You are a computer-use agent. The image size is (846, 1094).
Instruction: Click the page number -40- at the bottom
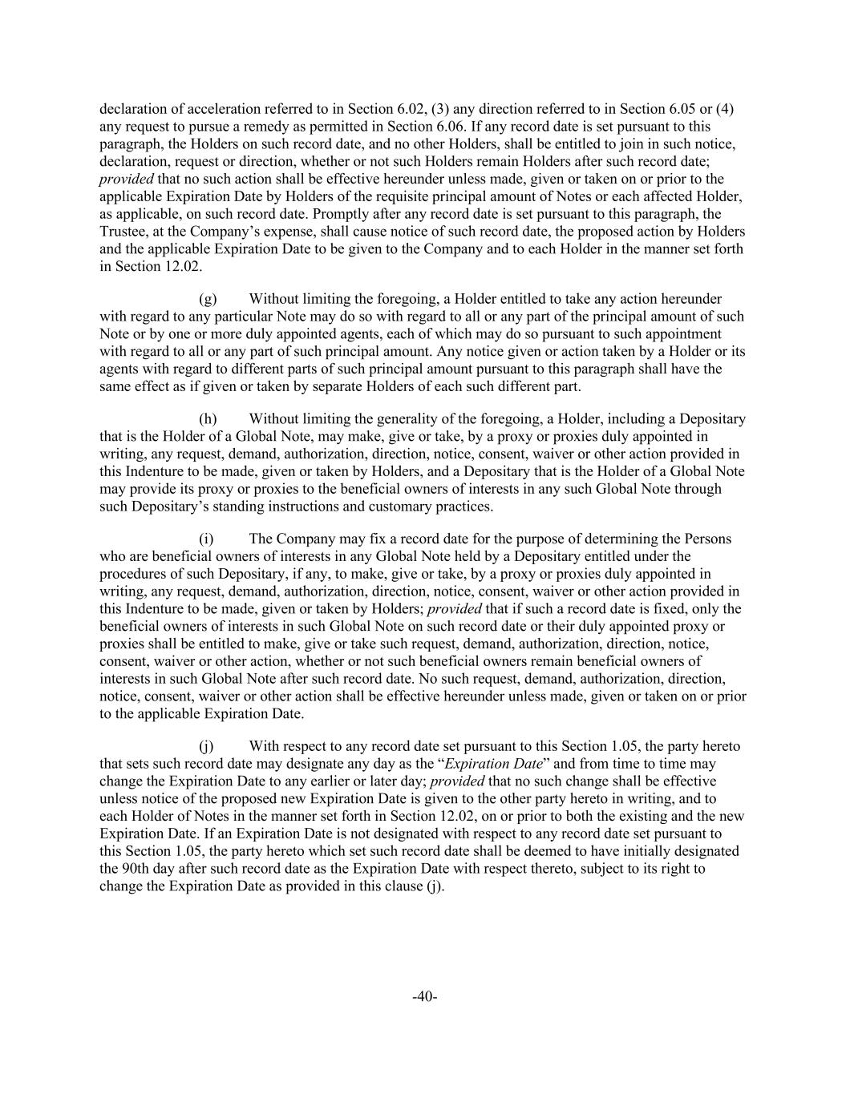[423, 996]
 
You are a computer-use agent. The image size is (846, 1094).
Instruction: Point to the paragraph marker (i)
[206, 539]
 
